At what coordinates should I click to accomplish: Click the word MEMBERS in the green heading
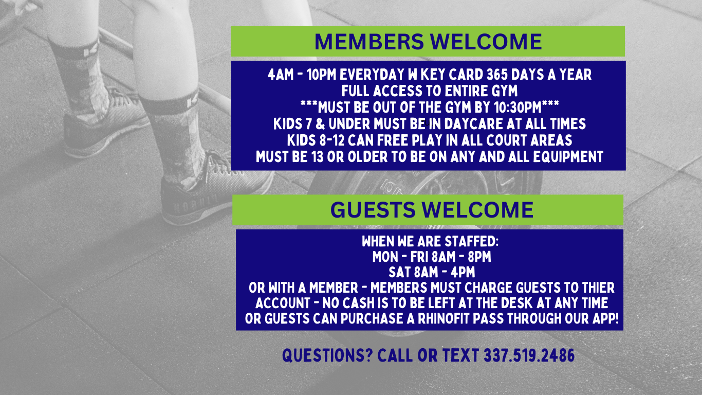(x=369, y=42)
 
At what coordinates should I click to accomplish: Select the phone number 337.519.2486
(x=529, y=355)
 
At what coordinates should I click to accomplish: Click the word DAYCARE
(x=473, y=123)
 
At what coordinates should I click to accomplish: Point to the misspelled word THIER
(x=598, y=288)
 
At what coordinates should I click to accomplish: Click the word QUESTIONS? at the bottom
(x=327, y=355)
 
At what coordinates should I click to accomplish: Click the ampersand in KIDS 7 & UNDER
(x=320, y=123)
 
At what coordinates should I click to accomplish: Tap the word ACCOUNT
(x=282, y=303)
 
